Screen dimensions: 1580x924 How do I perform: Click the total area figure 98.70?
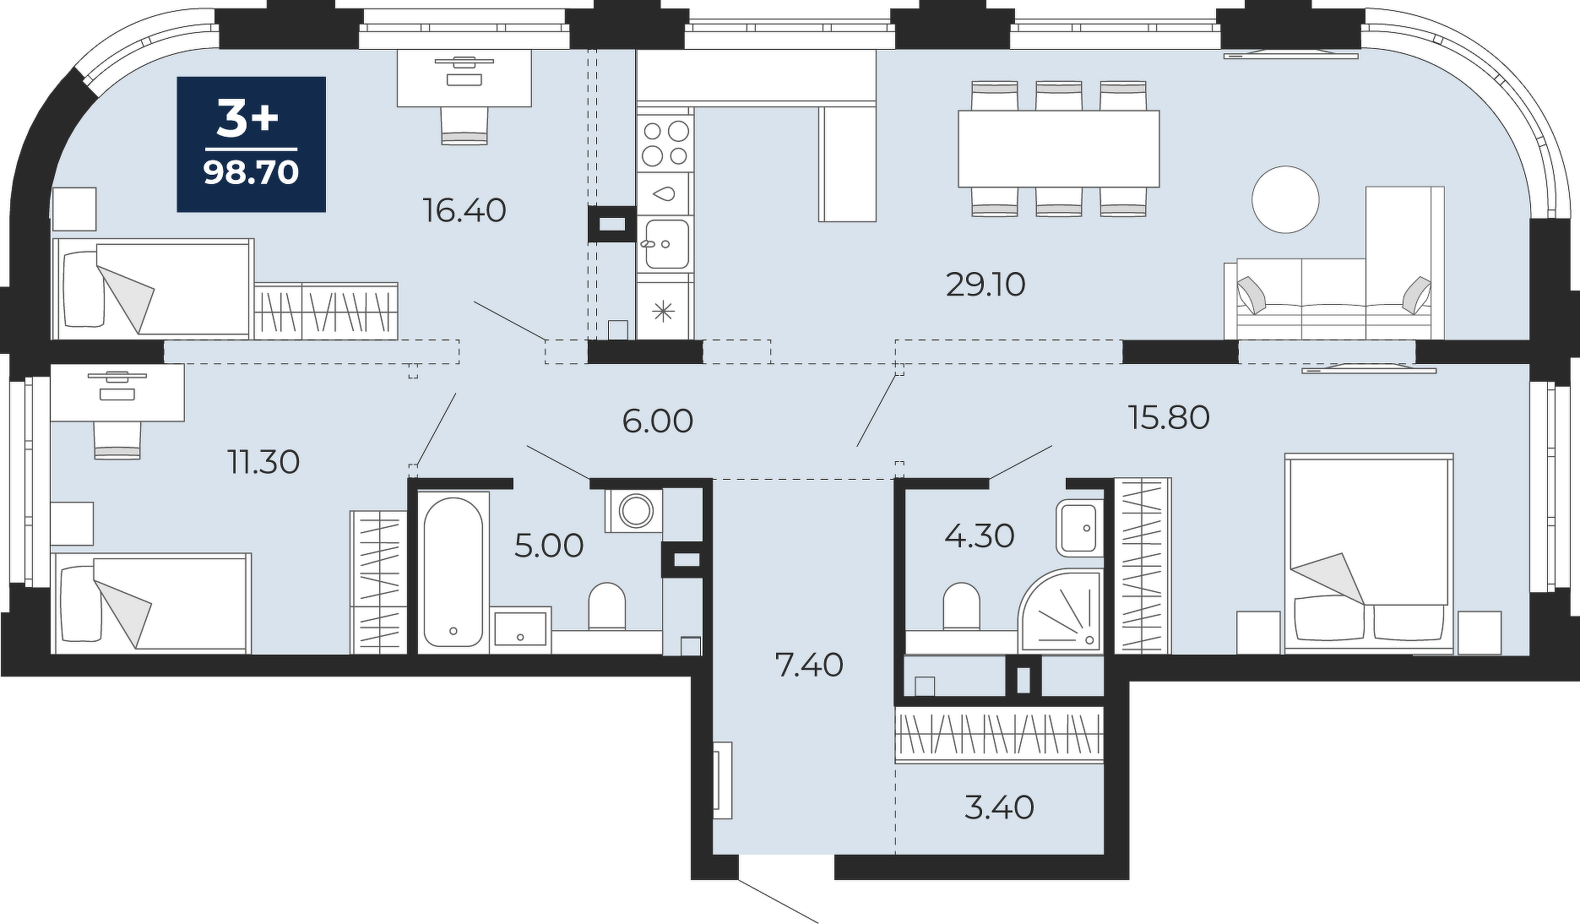click(x=251, y=172)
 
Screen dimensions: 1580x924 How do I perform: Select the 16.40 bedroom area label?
click(x=464, y=210)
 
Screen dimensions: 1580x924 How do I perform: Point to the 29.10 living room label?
click(x=985, y=285)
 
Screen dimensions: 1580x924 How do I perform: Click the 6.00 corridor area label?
click(x=658, y=421)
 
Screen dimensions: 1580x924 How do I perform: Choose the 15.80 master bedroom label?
click(x=1170, y=417)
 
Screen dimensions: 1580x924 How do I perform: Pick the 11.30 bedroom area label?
click(x=264, y=462)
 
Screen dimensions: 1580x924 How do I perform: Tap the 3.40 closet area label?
click(x=999, y=807)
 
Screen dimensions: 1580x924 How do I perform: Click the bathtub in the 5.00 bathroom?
click(x=453, y=572)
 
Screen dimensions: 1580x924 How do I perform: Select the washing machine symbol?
click(x=634, y=510)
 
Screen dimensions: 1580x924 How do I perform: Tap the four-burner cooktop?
click(x=665, y=144)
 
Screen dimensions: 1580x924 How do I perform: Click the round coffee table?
click(x=1285, y=199)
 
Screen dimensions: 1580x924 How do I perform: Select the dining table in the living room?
click(x=1058, y=149)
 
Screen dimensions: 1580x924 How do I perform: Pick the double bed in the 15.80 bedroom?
click(x=1369, y=553)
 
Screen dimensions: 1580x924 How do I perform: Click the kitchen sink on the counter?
click(x=665, y=244)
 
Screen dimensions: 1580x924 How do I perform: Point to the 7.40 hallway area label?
click(x=809, y=666)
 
